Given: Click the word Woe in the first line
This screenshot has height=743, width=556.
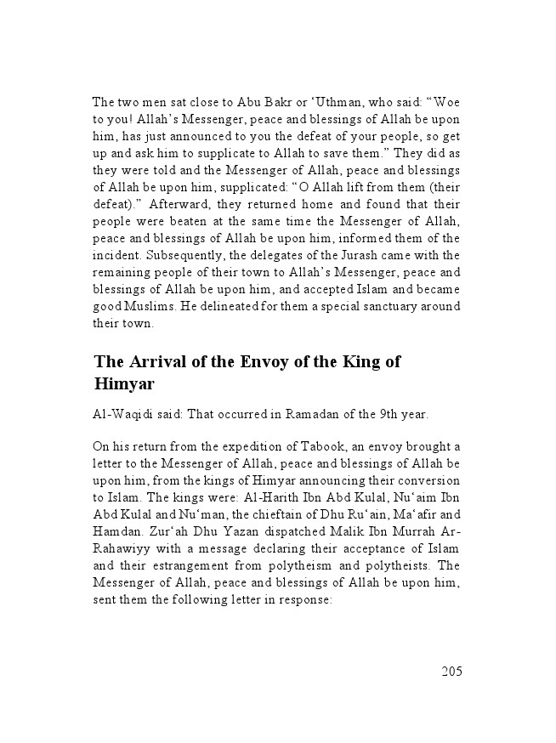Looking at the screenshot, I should point(446,102).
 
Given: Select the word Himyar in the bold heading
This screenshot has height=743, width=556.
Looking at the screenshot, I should point(124,383).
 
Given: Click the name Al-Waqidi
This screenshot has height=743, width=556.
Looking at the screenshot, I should point(125,415).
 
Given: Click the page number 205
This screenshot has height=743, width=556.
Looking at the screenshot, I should point(451,672).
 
